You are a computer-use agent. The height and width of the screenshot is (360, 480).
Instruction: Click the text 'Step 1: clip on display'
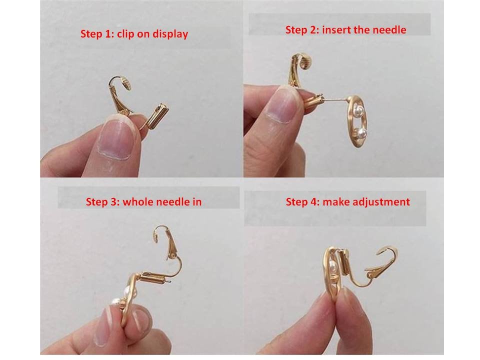(x=134, y=34)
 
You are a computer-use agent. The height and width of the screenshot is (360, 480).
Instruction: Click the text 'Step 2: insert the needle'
(x=345, y=29)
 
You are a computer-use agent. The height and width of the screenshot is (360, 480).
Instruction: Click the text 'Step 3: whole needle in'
(x=143, y=202)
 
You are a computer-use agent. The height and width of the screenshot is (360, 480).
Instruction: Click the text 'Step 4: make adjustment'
(x=347, y=202)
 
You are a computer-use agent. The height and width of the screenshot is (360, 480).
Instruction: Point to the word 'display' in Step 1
(x=171, y=34)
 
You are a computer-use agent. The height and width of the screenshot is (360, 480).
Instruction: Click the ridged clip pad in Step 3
(x=158, y=234)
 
